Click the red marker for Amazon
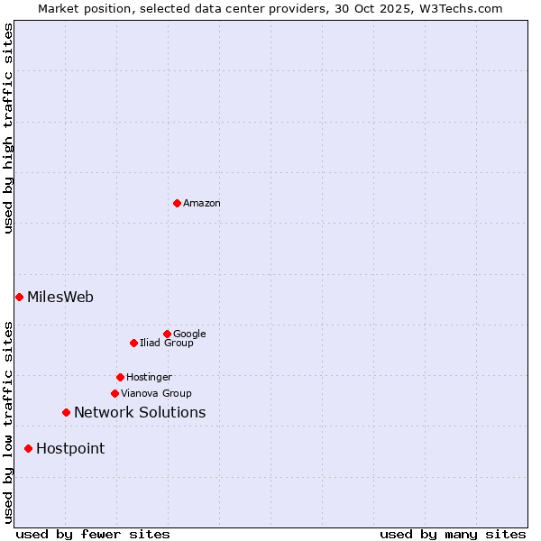point(177,203)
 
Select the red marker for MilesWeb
point(19,297)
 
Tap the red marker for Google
point(167,334)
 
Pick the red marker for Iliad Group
point(133,343)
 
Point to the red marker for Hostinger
point(120,377)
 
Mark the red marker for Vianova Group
point(115,393)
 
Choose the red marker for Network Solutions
point(66,412)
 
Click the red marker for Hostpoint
point(28,448)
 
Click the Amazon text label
point(202,204)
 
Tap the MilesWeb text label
point(60,298)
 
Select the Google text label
point(189,334)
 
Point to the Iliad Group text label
point(167,343)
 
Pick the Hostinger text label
point(149,377)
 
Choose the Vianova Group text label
point(156,393)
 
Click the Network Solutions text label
point(140,413)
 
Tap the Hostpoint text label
point(70,449)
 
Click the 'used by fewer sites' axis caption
point(93,534)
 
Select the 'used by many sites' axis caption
point(453,534)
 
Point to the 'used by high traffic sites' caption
point(8,128)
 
